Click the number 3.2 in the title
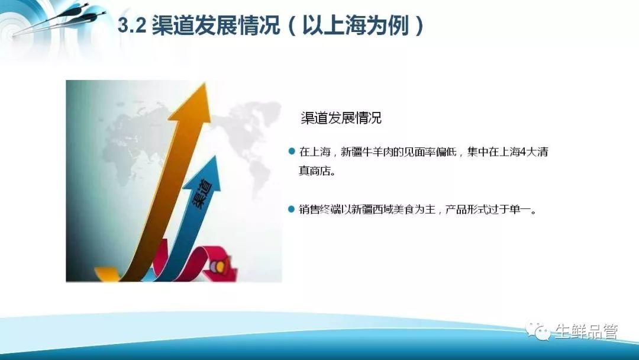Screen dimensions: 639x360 pos(131,26)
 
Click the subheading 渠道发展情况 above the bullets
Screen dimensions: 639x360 pos(341,118)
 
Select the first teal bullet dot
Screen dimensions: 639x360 pos(291,152)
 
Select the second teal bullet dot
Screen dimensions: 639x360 pos(291,209)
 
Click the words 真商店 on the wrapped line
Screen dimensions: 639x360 pos(315,171)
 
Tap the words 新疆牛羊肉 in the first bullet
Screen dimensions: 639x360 pos(366,152)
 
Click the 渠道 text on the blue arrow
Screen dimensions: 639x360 pos(202,194)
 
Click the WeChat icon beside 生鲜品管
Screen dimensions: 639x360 pos(537,331)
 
